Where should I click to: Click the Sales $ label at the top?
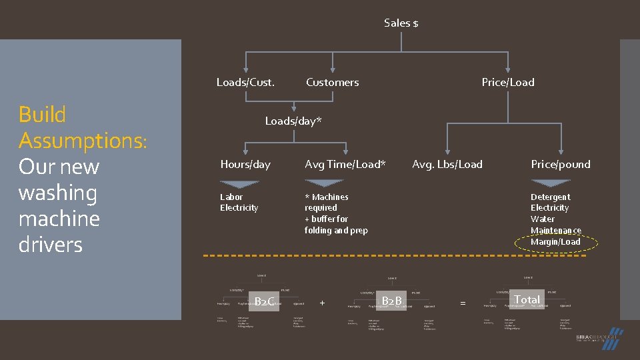[x=401, y=23]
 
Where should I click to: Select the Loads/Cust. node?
[x=245, y=83]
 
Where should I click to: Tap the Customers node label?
[x=332, y=83]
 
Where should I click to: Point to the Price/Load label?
[x=508, y=83]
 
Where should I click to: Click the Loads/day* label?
[x=293, y=121]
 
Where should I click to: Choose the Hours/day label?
[x=245, y=165]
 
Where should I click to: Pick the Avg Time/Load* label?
[x=345, y=165]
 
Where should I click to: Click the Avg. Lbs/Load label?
[x=447, y=165]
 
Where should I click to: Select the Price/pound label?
[x=560, y=165]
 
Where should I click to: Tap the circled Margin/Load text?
[x=555, y=242]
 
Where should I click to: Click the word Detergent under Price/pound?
[x=550, y=197]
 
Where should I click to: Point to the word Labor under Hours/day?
[x=231, y=197]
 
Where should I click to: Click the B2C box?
[x=264, y=302]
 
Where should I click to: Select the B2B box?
[x=391, y=301]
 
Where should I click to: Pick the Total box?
[x=527, y=300]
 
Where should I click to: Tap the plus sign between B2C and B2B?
[x=322, y=303]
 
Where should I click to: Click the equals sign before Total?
[x=463, y=303]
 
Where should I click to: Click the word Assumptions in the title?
[x=83, y=141]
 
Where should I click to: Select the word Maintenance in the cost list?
[x=555, y=231]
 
